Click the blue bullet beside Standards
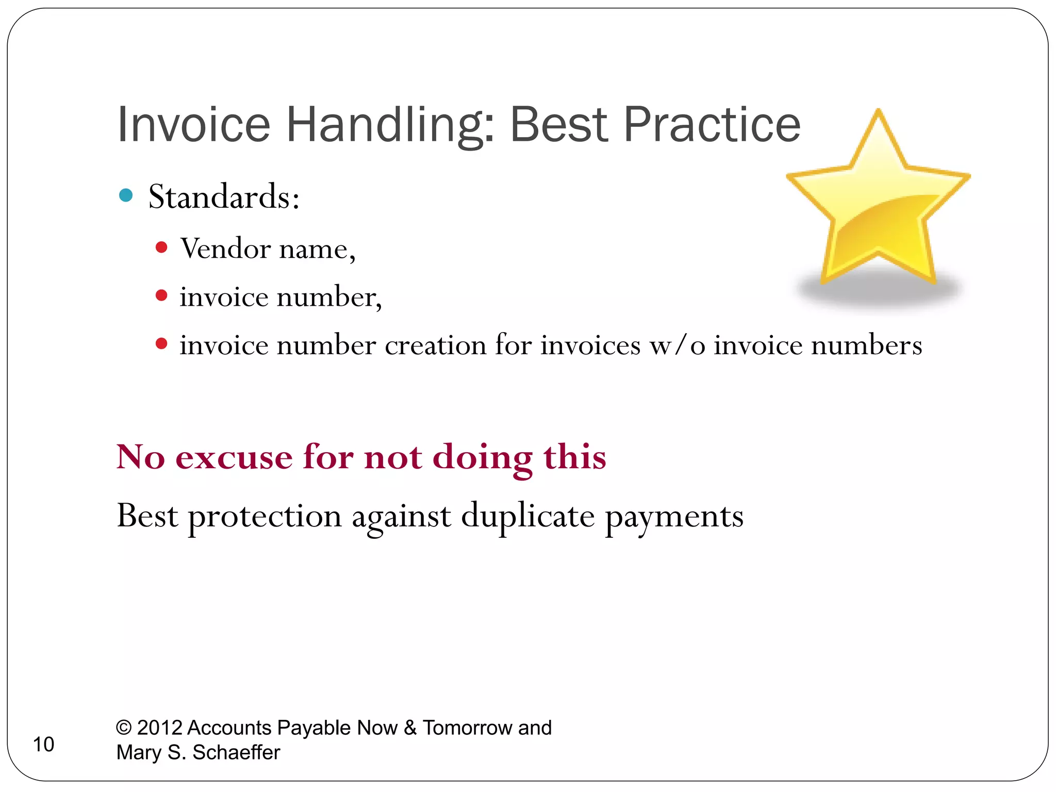coord(126,195)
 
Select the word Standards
coord(223,197)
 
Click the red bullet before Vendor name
coord(161,247)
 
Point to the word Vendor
coord(225,249)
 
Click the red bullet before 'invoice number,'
coord(161,295)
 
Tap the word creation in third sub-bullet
coord(435,345)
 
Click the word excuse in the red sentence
coord(234,457)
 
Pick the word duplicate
coord(527,516)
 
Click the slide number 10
coord(43,745)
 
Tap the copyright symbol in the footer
coord(124,728)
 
